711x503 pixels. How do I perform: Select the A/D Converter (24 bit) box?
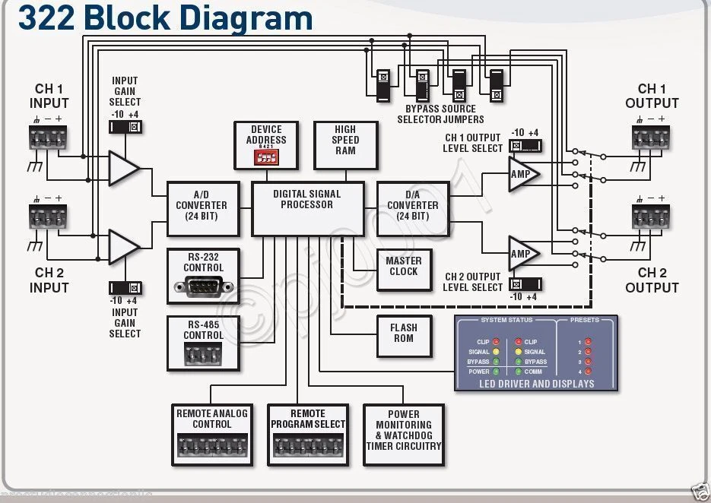pos(201,206)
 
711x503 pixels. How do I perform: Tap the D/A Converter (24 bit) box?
pos(412,206)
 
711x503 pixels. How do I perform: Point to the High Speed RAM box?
pos(345,145)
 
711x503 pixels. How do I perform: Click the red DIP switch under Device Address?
pos(266,158)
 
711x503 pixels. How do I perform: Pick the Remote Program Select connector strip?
pos(307,444)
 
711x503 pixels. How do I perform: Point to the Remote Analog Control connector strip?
pos(211,444)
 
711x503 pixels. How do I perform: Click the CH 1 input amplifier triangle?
pos(122,169)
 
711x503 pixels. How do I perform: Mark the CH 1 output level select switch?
pos(525,145)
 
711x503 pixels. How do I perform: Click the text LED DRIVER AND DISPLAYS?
pos(536,384)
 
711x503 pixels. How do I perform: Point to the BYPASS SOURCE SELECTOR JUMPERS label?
pos(440,114)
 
